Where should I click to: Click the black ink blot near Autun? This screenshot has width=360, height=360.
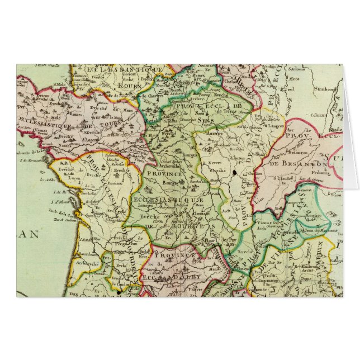[x=233, y=175]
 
